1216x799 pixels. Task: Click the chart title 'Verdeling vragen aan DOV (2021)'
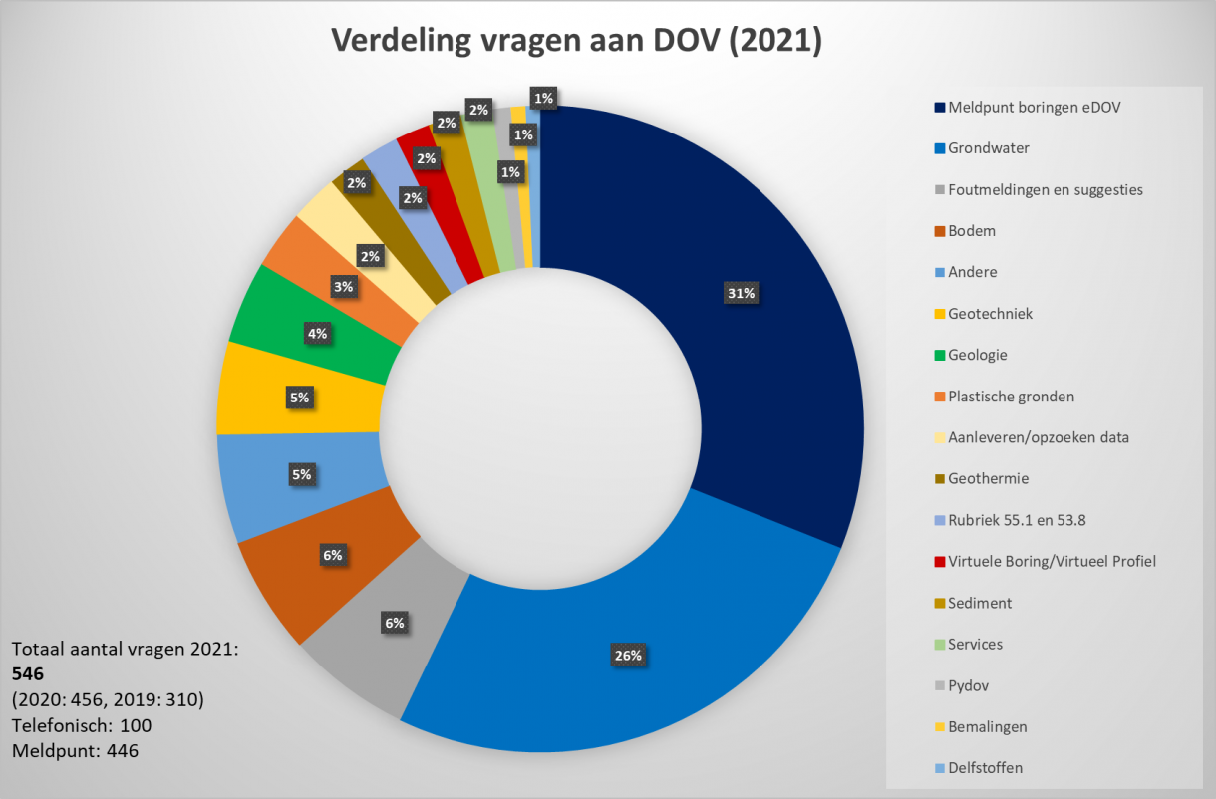576,41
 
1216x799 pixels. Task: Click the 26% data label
629,656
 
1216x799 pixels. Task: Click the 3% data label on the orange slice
344,287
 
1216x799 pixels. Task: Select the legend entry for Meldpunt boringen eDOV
1034,107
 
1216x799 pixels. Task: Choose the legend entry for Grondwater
988,148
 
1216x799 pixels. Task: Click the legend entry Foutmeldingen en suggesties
1045,189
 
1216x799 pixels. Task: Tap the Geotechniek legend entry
990,314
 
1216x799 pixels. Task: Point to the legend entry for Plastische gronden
1011,397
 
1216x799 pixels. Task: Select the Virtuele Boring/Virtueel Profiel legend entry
1052,562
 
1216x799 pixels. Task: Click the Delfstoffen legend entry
985,768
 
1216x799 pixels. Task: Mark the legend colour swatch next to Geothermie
939,479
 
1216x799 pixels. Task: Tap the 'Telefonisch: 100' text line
82,725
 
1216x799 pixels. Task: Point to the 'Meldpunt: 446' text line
75,750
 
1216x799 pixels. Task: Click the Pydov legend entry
968,685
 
